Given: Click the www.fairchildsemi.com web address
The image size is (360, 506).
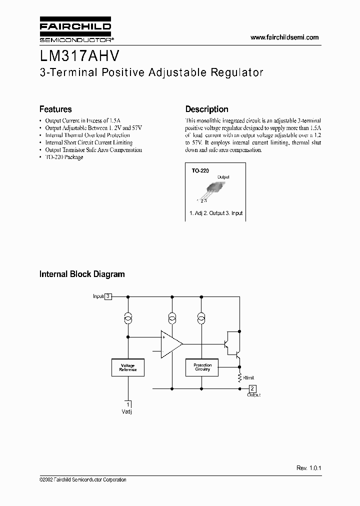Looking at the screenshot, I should pos(284,37).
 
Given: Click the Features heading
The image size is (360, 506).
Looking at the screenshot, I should pos(55,109).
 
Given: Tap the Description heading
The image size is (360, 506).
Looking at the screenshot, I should pos(206,109).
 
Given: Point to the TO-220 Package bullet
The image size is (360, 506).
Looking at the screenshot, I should pos(64,157).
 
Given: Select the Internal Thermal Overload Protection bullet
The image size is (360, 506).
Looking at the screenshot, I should pos(87,135).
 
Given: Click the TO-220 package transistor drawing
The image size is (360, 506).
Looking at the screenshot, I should pos(213,189).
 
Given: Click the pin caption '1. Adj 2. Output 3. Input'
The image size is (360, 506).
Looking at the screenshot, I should pos(216,213).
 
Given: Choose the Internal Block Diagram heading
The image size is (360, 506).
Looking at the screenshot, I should pos(82,274).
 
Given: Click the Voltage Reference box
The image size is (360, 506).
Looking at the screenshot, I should pos(127,367).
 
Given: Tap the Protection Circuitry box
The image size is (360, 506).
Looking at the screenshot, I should pos(202,367).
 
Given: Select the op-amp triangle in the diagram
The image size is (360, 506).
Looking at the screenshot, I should pos(170,344).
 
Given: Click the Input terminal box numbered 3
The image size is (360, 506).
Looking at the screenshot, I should pos(108,296).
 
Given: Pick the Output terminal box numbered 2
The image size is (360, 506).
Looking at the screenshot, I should pos(252,388).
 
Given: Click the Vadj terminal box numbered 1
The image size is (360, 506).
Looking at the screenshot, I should pos(128,404).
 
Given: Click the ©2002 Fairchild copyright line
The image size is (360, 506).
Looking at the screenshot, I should pos(82,479).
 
